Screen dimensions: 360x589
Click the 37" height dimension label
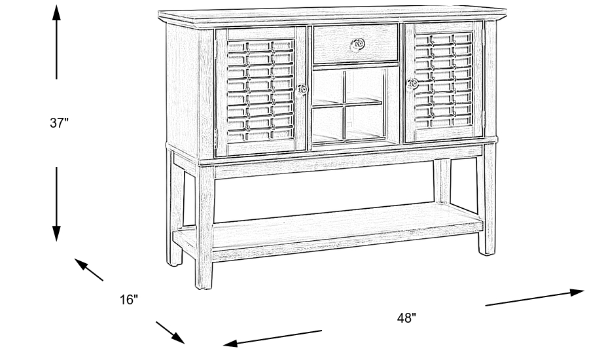point(59,124)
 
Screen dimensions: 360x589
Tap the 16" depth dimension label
point(129,300)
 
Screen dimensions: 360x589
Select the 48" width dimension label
point(406,318)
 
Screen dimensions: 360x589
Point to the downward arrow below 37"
point(57,203)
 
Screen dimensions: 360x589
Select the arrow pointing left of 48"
point(272,338)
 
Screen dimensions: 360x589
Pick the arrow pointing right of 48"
point(533,298)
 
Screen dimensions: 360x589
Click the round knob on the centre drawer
point(357,45)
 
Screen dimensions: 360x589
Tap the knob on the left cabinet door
point(302,90)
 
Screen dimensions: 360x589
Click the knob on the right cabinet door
point(412,84)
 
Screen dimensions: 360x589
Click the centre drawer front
point(355,44)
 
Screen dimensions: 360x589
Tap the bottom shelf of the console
point(327,226)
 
